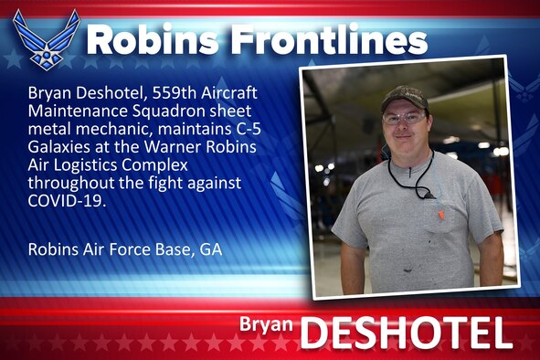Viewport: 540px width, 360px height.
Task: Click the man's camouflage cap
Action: (404, 96)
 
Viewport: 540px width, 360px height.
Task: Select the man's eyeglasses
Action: (405, 117)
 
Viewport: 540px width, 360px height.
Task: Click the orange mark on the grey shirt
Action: (441, 215)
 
